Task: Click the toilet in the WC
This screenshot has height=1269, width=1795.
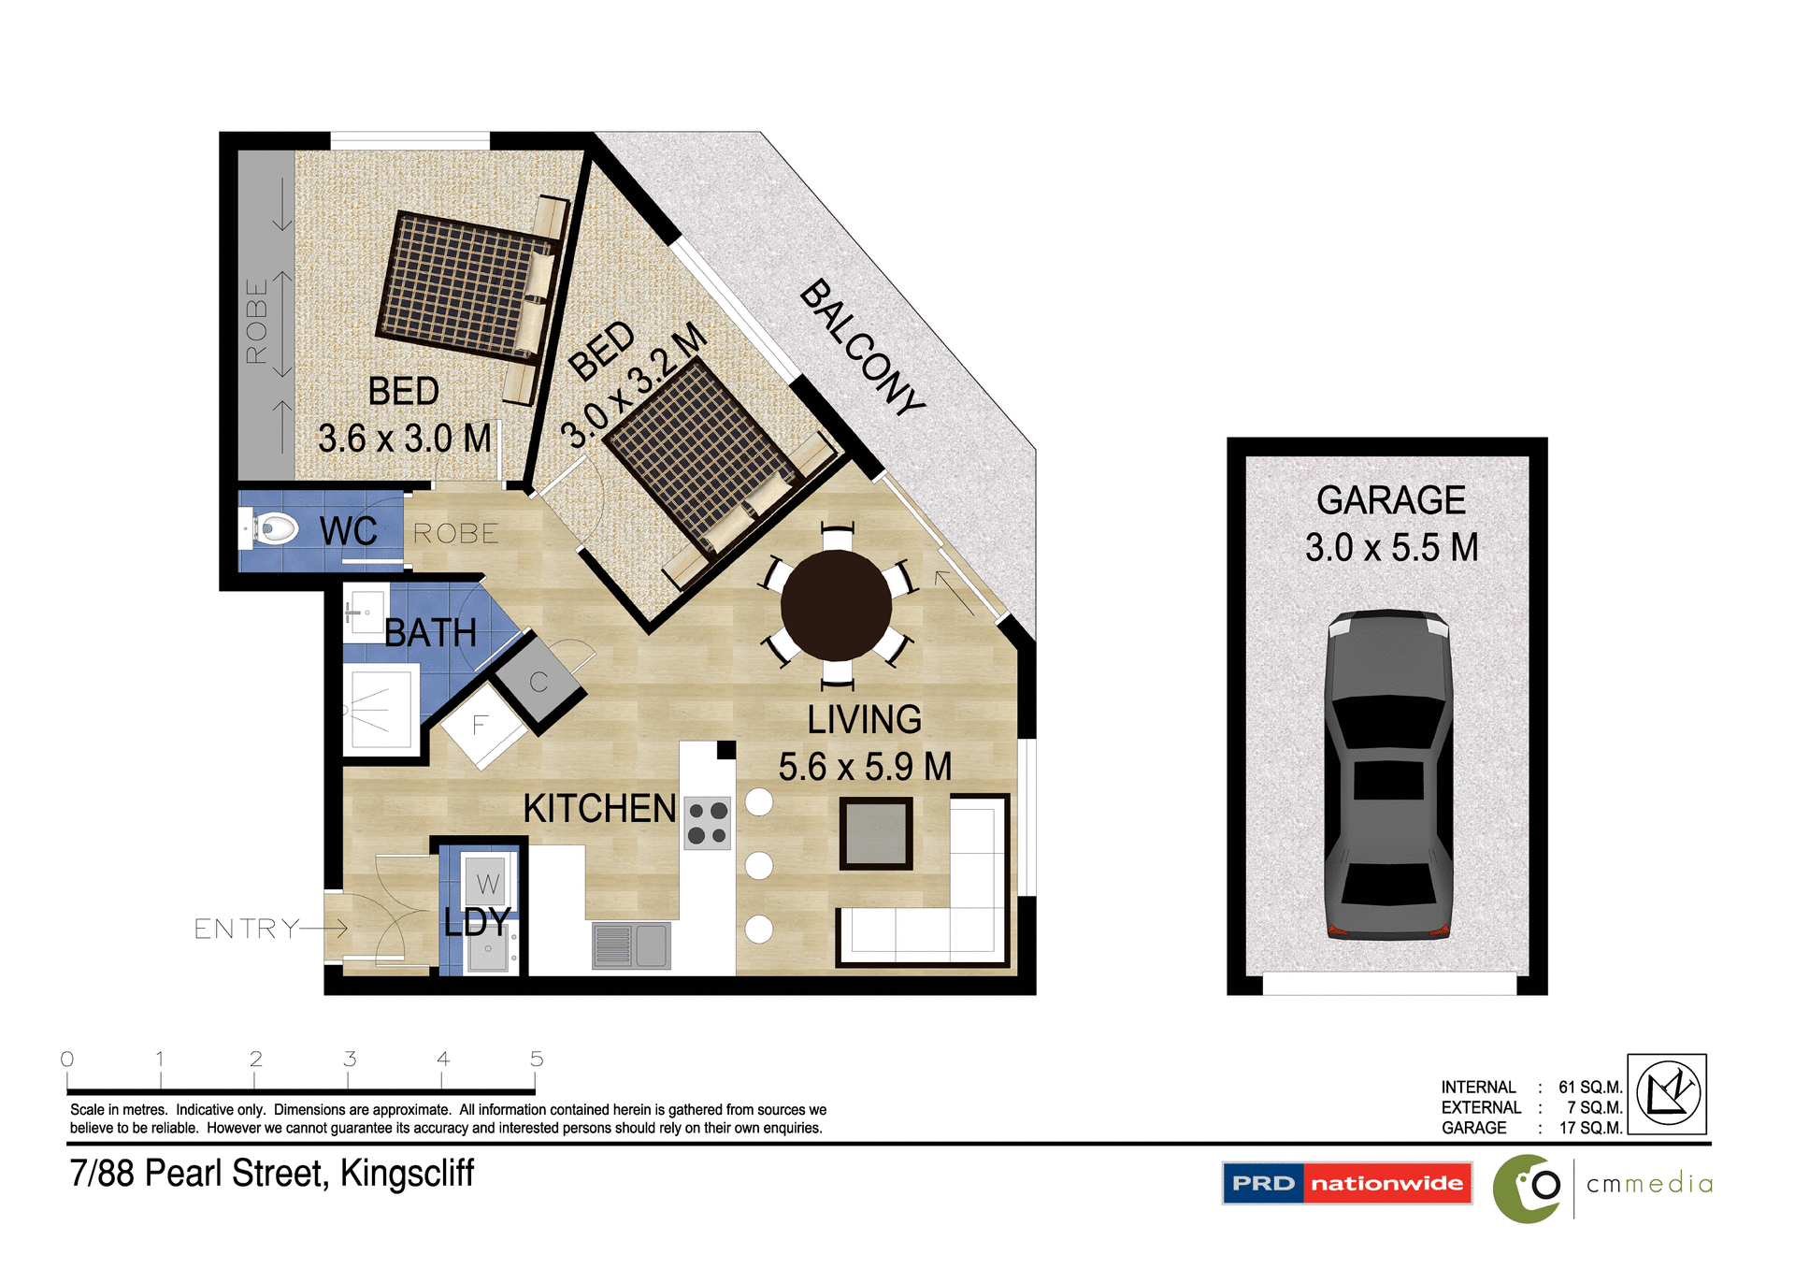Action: (273, 529)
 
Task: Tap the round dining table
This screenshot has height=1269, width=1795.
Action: (836, 605)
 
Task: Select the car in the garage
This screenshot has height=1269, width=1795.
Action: (1388, 774)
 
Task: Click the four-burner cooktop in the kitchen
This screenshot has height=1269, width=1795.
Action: (708, 823)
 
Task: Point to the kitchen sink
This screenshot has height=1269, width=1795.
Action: (632, 945)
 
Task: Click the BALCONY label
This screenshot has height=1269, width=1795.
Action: (862, 347)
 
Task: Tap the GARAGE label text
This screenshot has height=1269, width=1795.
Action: (1390, 500)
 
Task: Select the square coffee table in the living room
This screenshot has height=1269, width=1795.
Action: (875, 833)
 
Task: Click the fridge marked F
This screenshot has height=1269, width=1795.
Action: (481, 726)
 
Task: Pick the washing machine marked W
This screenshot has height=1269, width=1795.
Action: (487, 882)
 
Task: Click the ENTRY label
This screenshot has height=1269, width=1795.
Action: (246, 929)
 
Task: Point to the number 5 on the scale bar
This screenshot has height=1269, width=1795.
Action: (537, 1059)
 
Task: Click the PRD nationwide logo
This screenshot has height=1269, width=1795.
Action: (1346, 1183)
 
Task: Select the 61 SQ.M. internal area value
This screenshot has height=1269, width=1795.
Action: (1589, 1087)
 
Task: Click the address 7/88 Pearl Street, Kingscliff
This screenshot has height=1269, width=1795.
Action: (272, 1173)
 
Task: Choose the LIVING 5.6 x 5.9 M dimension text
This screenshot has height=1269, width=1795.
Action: (865, 766)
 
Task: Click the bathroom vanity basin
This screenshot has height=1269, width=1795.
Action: (365, 613)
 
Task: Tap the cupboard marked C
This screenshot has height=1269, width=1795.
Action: (538, 682)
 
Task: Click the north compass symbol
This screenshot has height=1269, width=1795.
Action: (1667, 1093)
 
